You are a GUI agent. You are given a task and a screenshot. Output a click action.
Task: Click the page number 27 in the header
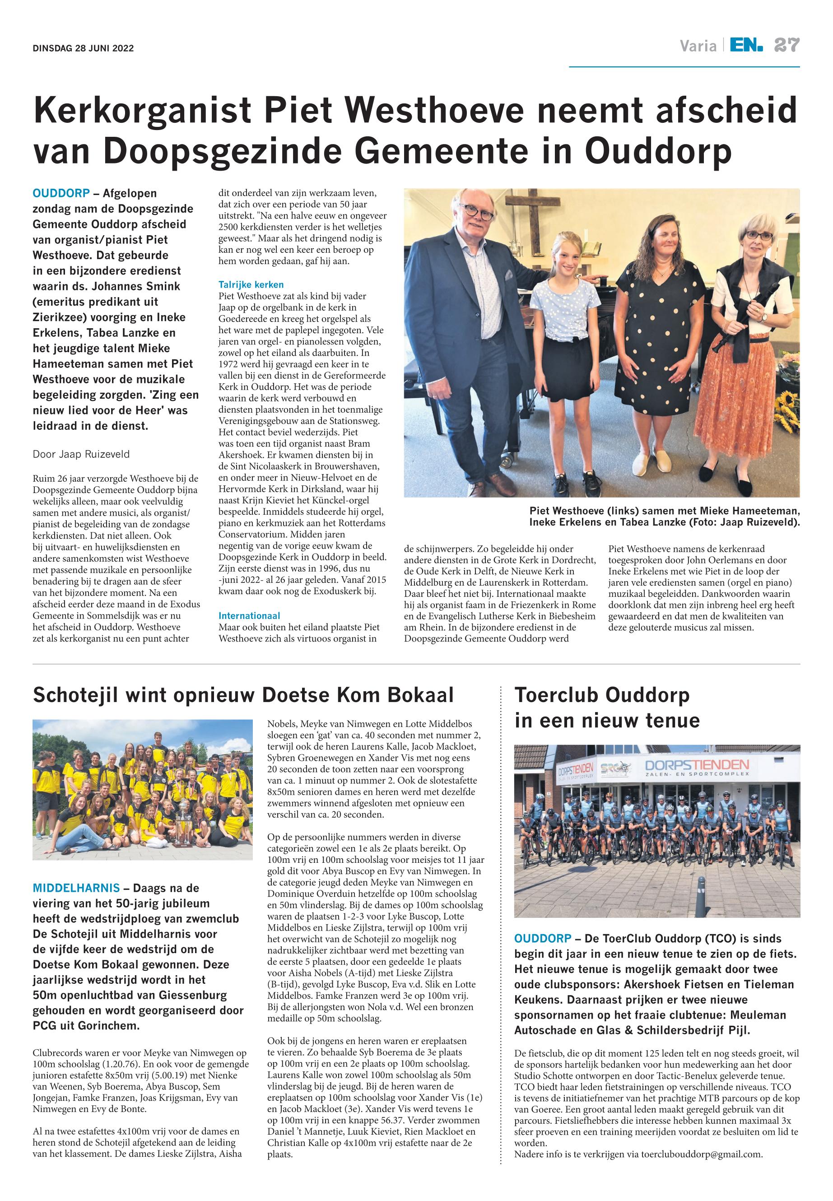[x=786, y=46]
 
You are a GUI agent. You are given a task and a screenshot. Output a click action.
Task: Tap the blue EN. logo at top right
[x=746, y=46]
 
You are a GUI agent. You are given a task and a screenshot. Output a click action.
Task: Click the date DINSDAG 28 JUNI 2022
[x=83, y=49]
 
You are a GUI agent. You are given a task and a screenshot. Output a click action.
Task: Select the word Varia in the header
[x=698, y=47]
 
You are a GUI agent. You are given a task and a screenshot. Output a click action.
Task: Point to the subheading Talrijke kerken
[x=251, y=284]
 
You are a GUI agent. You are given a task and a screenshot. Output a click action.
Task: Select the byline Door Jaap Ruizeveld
[x=81, y=454]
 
